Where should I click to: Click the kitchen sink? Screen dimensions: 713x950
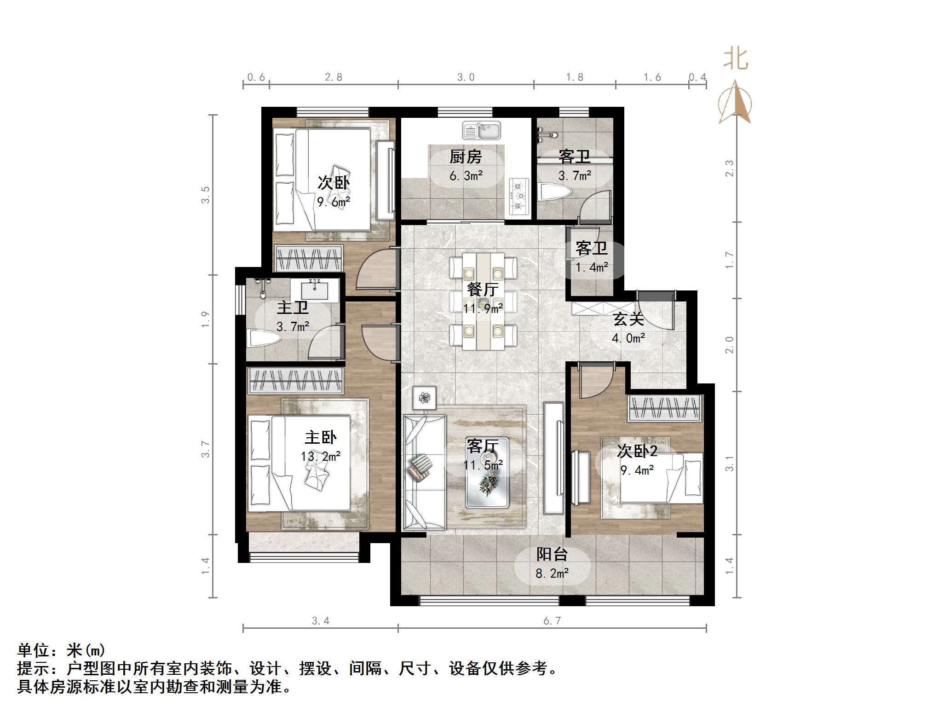[x=481, y=131]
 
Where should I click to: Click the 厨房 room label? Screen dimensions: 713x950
[x=466, y=157]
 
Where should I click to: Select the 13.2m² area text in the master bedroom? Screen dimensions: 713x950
[x=321, y=456]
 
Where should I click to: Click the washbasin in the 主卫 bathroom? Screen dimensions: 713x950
[x=315, y=290]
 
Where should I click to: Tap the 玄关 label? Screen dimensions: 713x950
[x=628, y=319]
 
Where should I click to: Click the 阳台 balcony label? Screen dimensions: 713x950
[x=552, y=554]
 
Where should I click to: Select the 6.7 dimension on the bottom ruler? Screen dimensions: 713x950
[x=552, y=621]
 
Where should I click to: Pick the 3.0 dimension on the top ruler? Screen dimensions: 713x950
[x=466, y=77]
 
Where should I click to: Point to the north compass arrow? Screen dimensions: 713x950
[x=735, y=102]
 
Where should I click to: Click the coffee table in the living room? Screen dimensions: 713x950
[x=487, y=473]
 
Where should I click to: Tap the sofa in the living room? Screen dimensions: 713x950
[x=424, y=472]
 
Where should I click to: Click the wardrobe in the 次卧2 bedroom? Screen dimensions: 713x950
[x=665, y=408]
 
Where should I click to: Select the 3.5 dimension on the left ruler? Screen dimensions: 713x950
[x=205, y=195]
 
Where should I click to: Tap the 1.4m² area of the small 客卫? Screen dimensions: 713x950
[x=592, y=267]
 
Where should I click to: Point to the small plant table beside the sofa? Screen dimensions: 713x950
[x=424, y=397]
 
